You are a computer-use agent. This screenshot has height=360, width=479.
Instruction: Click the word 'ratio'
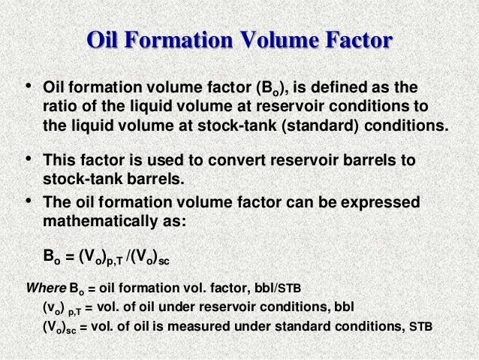[59, 104]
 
